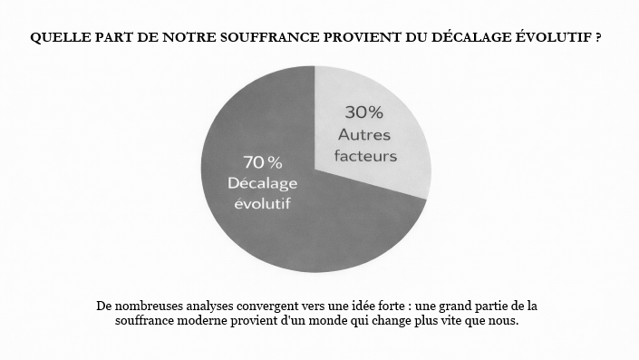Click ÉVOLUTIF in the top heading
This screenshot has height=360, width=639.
(553, 39)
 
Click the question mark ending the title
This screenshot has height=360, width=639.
(601, 39)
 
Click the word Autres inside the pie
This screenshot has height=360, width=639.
(364, 134)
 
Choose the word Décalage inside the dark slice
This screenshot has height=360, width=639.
(262, 182)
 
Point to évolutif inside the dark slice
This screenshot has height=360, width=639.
(262, 203)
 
